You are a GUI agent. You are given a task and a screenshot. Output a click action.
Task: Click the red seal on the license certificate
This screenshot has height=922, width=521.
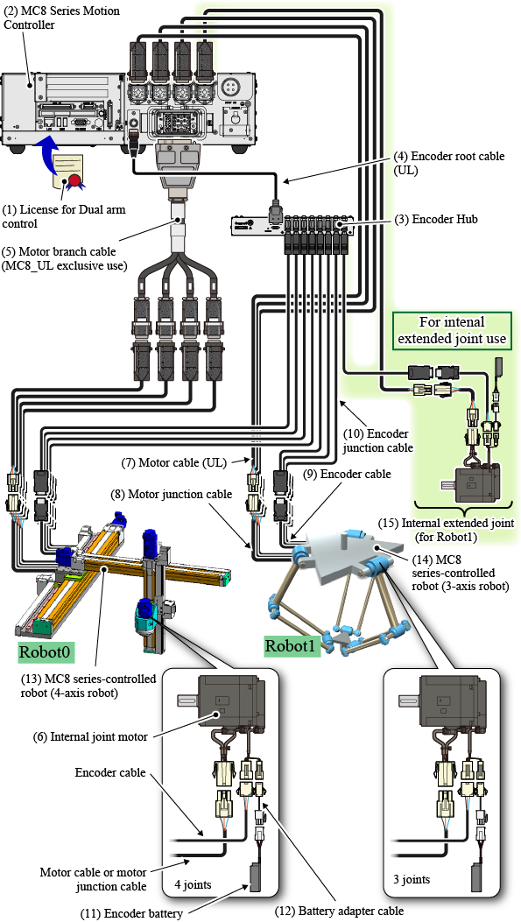pos(74,179)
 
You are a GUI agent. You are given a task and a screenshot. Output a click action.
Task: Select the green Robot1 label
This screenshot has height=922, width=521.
pos(292,644)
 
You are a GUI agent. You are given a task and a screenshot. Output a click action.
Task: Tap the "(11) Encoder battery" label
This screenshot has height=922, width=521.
pos(131,913)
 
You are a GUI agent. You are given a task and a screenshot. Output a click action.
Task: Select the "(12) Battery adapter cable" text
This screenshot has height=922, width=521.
pos(350,911)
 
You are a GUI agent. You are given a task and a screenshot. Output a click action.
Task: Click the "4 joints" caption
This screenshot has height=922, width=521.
pos(192,883)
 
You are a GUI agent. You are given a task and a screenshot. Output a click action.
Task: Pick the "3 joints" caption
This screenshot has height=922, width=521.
pos(411,880)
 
